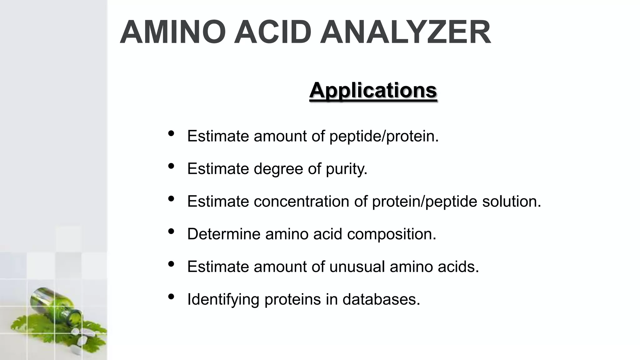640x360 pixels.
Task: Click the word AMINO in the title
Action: [173, 32]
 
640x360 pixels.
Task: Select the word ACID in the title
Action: [272, 32]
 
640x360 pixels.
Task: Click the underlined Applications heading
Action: [373, 90]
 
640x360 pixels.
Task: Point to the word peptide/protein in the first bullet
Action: [384, 136]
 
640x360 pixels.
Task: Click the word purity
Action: [347, 169]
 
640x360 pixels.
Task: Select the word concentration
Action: [301, 201]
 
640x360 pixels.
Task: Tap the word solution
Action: [512, 201]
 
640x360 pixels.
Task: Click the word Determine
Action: [224, 234]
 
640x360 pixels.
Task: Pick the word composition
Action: [392, 234]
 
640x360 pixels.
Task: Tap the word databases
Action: [381, 299]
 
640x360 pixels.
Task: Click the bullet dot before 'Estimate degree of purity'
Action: [171, 166]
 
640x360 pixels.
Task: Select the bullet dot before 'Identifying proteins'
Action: [171, 296]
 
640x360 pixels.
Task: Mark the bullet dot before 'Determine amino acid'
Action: [171, 231]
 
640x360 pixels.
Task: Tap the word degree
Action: [278, 169]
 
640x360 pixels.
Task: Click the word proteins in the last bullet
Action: [292, 299]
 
